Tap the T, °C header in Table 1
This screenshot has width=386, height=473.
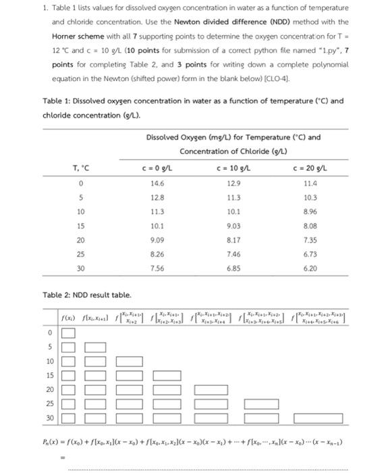tap(80, 168)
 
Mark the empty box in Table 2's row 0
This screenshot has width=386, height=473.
tap(68, 333)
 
